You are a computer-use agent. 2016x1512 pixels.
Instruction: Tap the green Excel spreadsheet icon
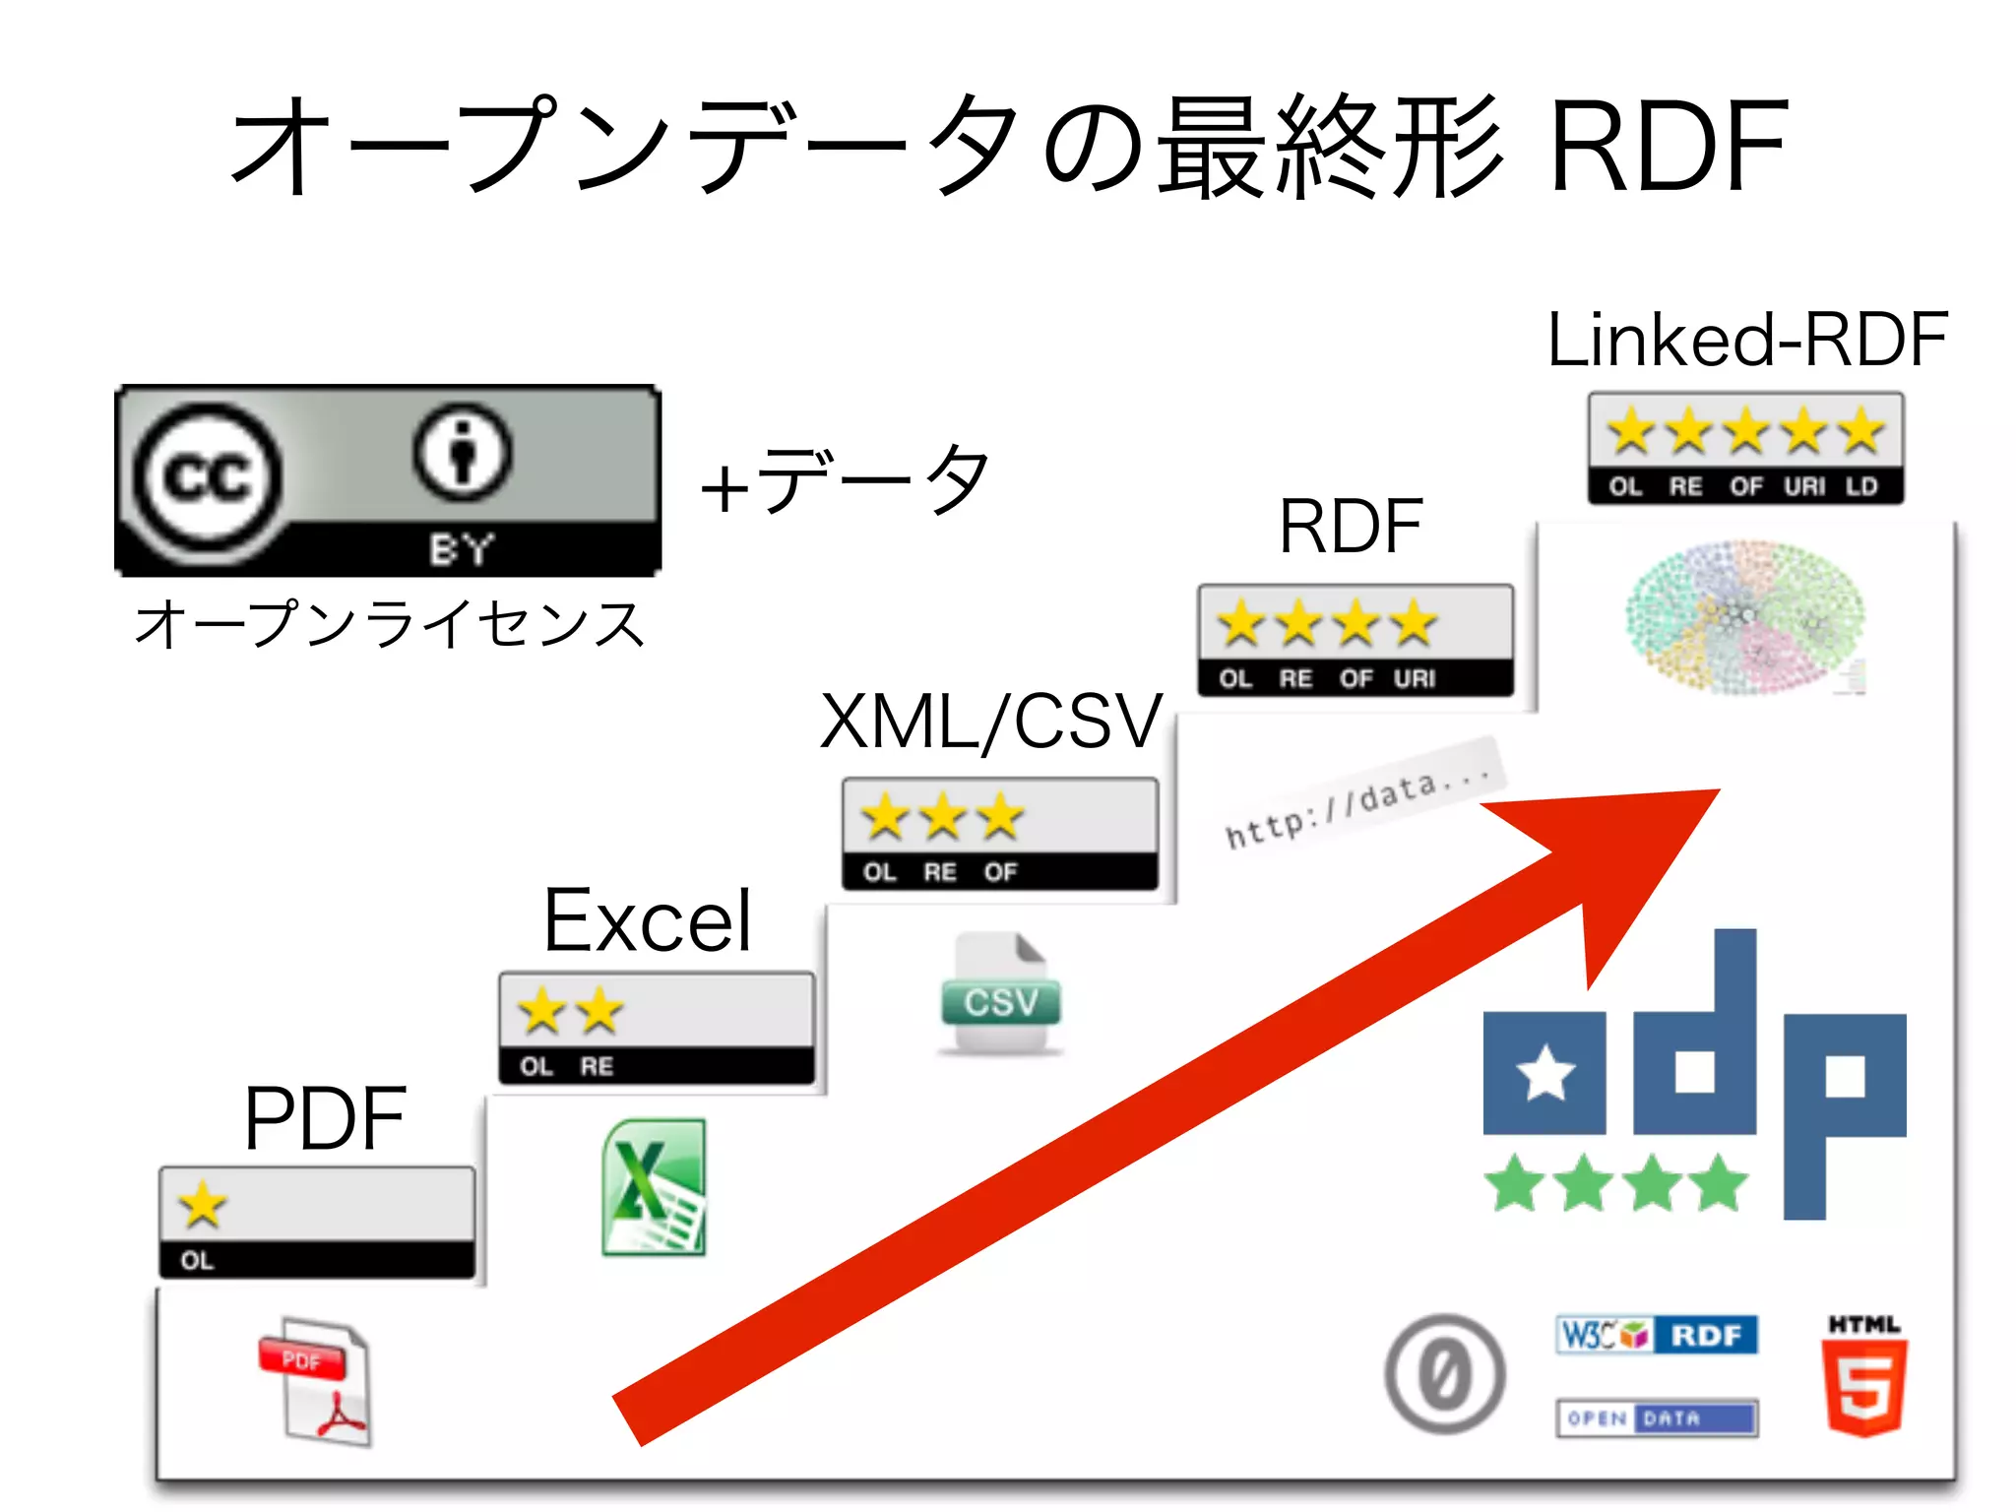click(x=654, y=1187)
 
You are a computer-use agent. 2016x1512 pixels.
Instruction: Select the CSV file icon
click(x=1001, y=994)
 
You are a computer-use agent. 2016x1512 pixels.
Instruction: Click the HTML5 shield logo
click(x=1864, y=1378)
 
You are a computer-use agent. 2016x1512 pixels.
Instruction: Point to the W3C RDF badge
click(x=1657, y=1335)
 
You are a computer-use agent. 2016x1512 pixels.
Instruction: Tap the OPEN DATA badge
click(x=1657, y=1417)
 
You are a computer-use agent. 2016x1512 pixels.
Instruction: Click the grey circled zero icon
click(x=1444, y=1373)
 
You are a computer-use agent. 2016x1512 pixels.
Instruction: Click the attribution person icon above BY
click(x=462, y=454)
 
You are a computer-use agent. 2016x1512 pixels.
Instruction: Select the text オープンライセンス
click(x=390, y=624)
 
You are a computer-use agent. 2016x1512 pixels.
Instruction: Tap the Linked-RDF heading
click(x=1746, y=340)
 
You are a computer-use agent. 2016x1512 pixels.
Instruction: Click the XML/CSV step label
click(x=991, y=722)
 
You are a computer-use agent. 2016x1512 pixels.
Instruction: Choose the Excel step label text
click(x=648, y=920)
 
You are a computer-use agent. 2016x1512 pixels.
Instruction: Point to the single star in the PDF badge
click(x=203, y=1205)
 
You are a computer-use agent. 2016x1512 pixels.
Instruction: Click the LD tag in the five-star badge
click(x=1861, y=486)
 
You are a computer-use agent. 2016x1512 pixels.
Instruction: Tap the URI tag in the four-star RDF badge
click(x=1415, y=678)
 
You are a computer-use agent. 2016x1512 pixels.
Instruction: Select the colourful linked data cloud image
click(x=1745, y=617)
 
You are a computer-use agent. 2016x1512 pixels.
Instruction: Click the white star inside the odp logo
click(x=1544, y=1073)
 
